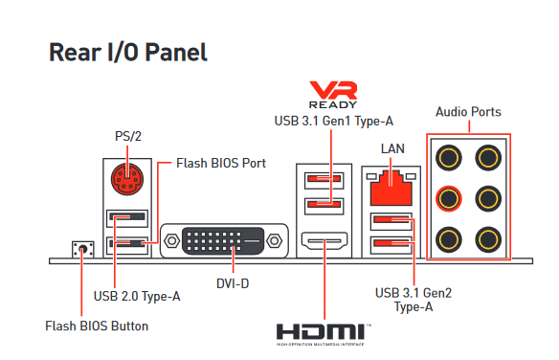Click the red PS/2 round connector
[x=127, y=179]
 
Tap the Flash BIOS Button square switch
[x=83, y=249]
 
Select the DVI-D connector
[x=224, y=241]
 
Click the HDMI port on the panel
[x=324, y=241]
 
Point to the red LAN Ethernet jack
[x=391, y=188]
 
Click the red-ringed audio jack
[x=449, y=198]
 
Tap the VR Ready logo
[x=333, y=95]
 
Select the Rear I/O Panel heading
[x=128, y=53]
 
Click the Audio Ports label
[x=468, y=112]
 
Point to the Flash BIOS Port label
[x=221, y=164]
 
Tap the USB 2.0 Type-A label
[x=137, y=296]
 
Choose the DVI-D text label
[x=233, y=283]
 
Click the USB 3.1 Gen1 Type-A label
[x=334, y=122]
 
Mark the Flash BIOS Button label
[x=97, y=326]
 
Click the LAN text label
[x=392, y=148]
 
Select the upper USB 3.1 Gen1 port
[x=324, y=180]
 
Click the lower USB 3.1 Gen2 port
[x=391, y=245]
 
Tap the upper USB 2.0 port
[x=127, y=218]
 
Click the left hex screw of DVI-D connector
[x=172, y=241]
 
